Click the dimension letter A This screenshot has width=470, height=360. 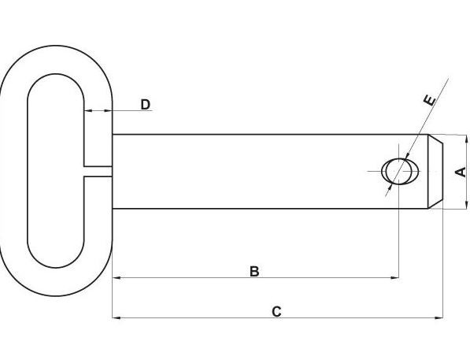pyautogui.click(x=461, y=172)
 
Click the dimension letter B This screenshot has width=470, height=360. pyautogui.click(x=254, y=271)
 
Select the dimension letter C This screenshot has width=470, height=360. pyautogui.click(x=276, y=312)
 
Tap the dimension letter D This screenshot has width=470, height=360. pyautogui.click(x=146, y=105)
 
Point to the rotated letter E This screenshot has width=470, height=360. pyautogui.click(x=430, y=100)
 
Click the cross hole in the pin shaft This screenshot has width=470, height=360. pyautogui.click(x=400, y=171)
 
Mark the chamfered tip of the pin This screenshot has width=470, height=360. pyautogui.click(x=435, y=171)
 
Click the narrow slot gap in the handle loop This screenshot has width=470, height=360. pyautogui.click(x=98, y=171)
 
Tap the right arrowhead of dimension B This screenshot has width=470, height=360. pyautogui.click(x=395, y=278)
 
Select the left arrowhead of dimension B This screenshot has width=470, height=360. pyautogui.click(x=117, y=278)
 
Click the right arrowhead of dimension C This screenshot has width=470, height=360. pyautogui.click(x=439, y=317)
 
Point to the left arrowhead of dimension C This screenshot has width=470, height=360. pyautogui.click(x=117, y=317)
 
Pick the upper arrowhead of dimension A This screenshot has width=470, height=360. pyautogui.click(x=466, y=139)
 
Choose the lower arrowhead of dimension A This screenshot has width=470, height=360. pyautogui.click(x=466, y=204)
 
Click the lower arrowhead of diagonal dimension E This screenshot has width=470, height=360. pyautogui.click(x=390, y=187)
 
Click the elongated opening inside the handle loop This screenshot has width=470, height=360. pyautogui.click(x=56, y=171)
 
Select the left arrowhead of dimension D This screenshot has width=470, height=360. pyautogui.click(x=88, y=111)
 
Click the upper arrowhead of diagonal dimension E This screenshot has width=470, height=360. pyautogui.click(x=407, y=156)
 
